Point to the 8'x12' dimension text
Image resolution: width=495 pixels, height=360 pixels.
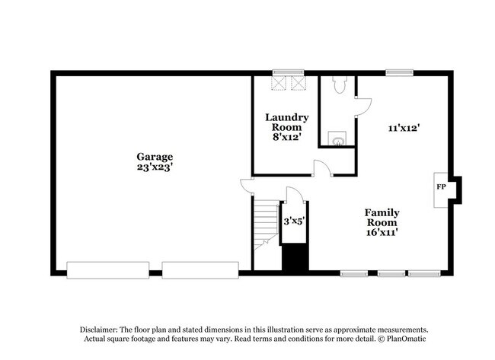pos(286,138)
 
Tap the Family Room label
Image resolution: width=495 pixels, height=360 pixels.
pos(382,217)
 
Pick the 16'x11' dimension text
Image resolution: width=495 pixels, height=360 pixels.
pos(382,232)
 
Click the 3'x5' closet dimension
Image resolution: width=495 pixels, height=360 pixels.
pos(293,221)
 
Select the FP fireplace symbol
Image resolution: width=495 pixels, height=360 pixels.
pos(440,186)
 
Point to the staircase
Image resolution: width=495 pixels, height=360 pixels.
pos(264,225)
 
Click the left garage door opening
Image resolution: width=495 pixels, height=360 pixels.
pos(107,269)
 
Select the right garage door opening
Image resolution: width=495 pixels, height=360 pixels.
pos(201,269)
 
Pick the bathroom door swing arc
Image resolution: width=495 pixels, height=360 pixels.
pos(364,106)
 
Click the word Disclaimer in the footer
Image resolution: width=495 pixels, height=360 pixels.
pos(102,329)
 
